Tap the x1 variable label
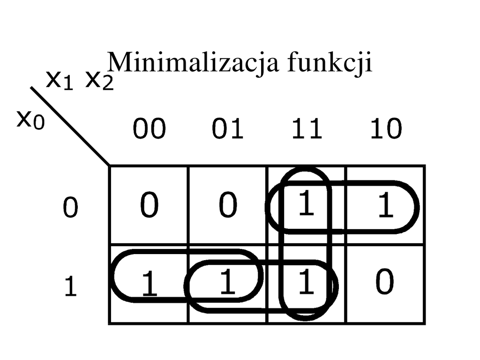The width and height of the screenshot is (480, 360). (60, 81)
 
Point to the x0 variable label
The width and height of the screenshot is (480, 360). (31, 120)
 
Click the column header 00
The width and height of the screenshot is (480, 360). (149, 129)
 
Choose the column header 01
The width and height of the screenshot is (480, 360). (228, 129)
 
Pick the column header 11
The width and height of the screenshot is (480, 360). (307, 129)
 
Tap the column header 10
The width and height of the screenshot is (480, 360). (385, 129)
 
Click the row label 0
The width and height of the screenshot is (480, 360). (70, 208)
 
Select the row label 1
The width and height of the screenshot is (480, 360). (70, 287)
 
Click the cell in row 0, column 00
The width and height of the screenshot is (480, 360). (149, 205)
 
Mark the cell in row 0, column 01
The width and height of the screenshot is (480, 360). (228, 205)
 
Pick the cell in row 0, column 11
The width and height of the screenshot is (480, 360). (306, 205)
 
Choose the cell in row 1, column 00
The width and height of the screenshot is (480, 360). (149, 284)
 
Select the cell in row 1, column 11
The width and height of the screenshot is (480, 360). (306, 284)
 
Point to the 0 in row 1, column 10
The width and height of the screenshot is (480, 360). (384, 283)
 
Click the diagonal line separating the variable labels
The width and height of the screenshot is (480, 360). (70, 127)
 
